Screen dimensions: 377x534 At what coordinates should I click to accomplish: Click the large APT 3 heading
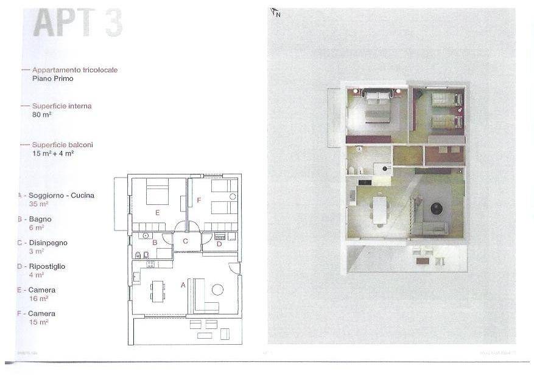[x=78, y=23]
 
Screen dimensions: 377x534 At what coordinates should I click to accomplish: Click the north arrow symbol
[x=275, y=12]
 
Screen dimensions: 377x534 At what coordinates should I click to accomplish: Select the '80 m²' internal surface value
[x=41, y=114]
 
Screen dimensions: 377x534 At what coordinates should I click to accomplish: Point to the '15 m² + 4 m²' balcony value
[x=54, y=153]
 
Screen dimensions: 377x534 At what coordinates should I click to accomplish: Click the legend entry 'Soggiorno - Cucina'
[x=61, y=196]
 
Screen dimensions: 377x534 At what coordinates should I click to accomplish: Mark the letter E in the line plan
[x=158, y=212]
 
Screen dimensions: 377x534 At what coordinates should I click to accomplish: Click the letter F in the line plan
[x=198, y=199]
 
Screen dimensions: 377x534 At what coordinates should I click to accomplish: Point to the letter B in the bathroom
[x=155, y=243]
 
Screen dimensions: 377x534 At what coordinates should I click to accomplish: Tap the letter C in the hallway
[x=185, y=241]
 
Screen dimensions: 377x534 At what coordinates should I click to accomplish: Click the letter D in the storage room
[x=219, y=244]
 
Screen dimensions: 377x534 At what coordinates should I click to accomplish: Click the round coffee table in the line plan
[x=217, y=289]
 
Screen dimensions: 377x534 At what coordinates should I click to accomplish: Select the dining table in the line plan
[x=158, y=291]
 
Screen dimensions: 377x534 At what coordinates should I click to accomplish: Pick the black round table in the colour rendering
[x=437, y=210]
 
